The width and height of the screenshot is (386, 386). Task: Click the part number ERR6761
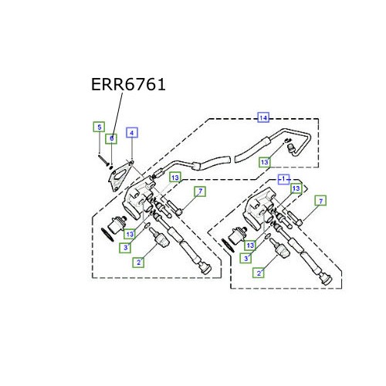[128, 85]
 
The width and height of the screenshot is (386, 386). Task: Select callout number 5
[99, 127]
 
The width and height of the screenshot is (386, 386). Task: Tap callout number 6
[111, 138]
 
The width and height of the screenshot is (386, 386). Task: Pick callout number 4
[132, 133]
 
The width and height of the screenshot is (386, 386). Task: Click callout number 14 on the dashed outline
[263, 118]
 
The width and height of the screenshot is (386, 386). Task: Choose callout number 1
[283, 179]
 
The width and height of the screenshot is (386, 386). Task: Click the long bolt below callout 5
[103, 160]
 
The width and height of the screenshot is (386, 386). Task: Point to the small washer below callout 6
[111, 168]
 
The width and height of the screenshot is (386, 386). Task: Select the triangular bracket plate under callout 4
[120, 175]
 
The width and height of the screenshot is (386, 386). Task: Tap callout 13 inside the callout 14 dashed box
[265, 162]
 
